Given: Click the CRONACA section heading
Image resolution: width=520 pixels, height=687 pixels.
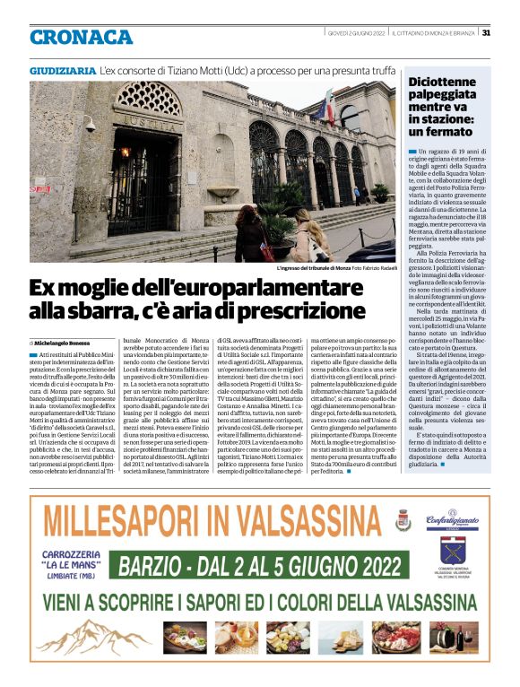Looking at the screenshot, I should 81,37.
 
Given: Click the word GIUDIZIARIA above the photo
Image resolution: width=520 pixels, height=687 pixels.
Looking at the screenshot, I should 62,69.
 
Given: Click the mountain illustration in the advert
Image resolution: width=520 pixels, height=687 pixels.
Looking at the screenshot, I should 90,638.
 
